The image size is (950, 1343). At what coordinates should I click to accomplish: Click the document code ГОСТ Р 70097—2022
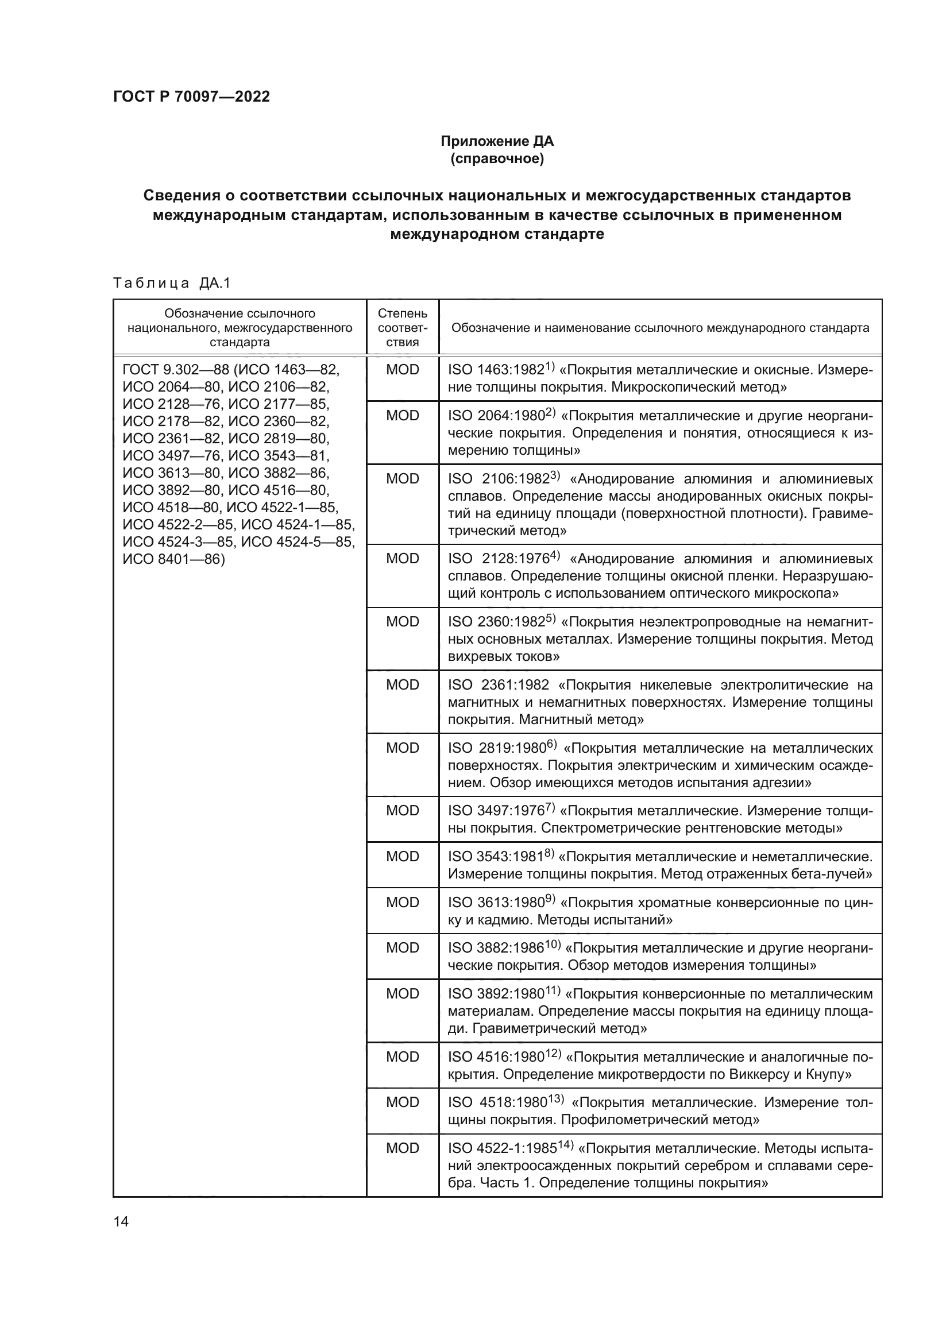coord(191,96)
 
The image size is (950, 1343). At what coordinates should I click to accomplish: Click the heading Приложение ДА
coord(497,141)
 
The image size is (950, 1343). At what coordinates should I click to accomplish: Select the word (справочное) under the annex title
coord(497,158)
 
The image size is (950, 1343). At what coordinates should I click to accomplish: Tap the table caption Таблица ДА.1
coord(172,283)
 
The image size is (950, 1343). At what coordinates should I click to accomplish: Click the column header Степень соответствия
coord(403,327)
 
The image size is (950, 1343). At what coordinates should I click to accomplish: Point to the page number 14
coord(121,1221)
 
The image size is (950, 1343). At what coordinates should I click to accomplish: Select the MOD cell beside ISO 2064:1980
coord(403,416)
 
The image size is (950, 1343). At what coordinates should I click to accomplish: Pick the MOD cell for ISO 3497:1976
coord(403,811)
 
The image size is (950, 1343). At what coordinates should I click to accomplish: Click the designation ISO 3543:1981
coord(496,857)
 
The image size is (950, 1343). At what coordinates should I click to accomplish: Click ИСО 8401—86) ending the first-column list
coord(173,559)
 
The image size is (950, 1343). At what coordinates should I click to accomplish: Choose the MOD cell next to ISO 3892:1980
coord(403,994)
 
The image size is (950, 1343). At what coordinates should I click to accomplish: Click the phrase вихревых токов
coord(503,656)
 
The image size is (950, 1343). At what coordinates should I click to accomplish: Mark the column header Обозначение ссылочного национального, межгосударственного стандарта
coord(240,327)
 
